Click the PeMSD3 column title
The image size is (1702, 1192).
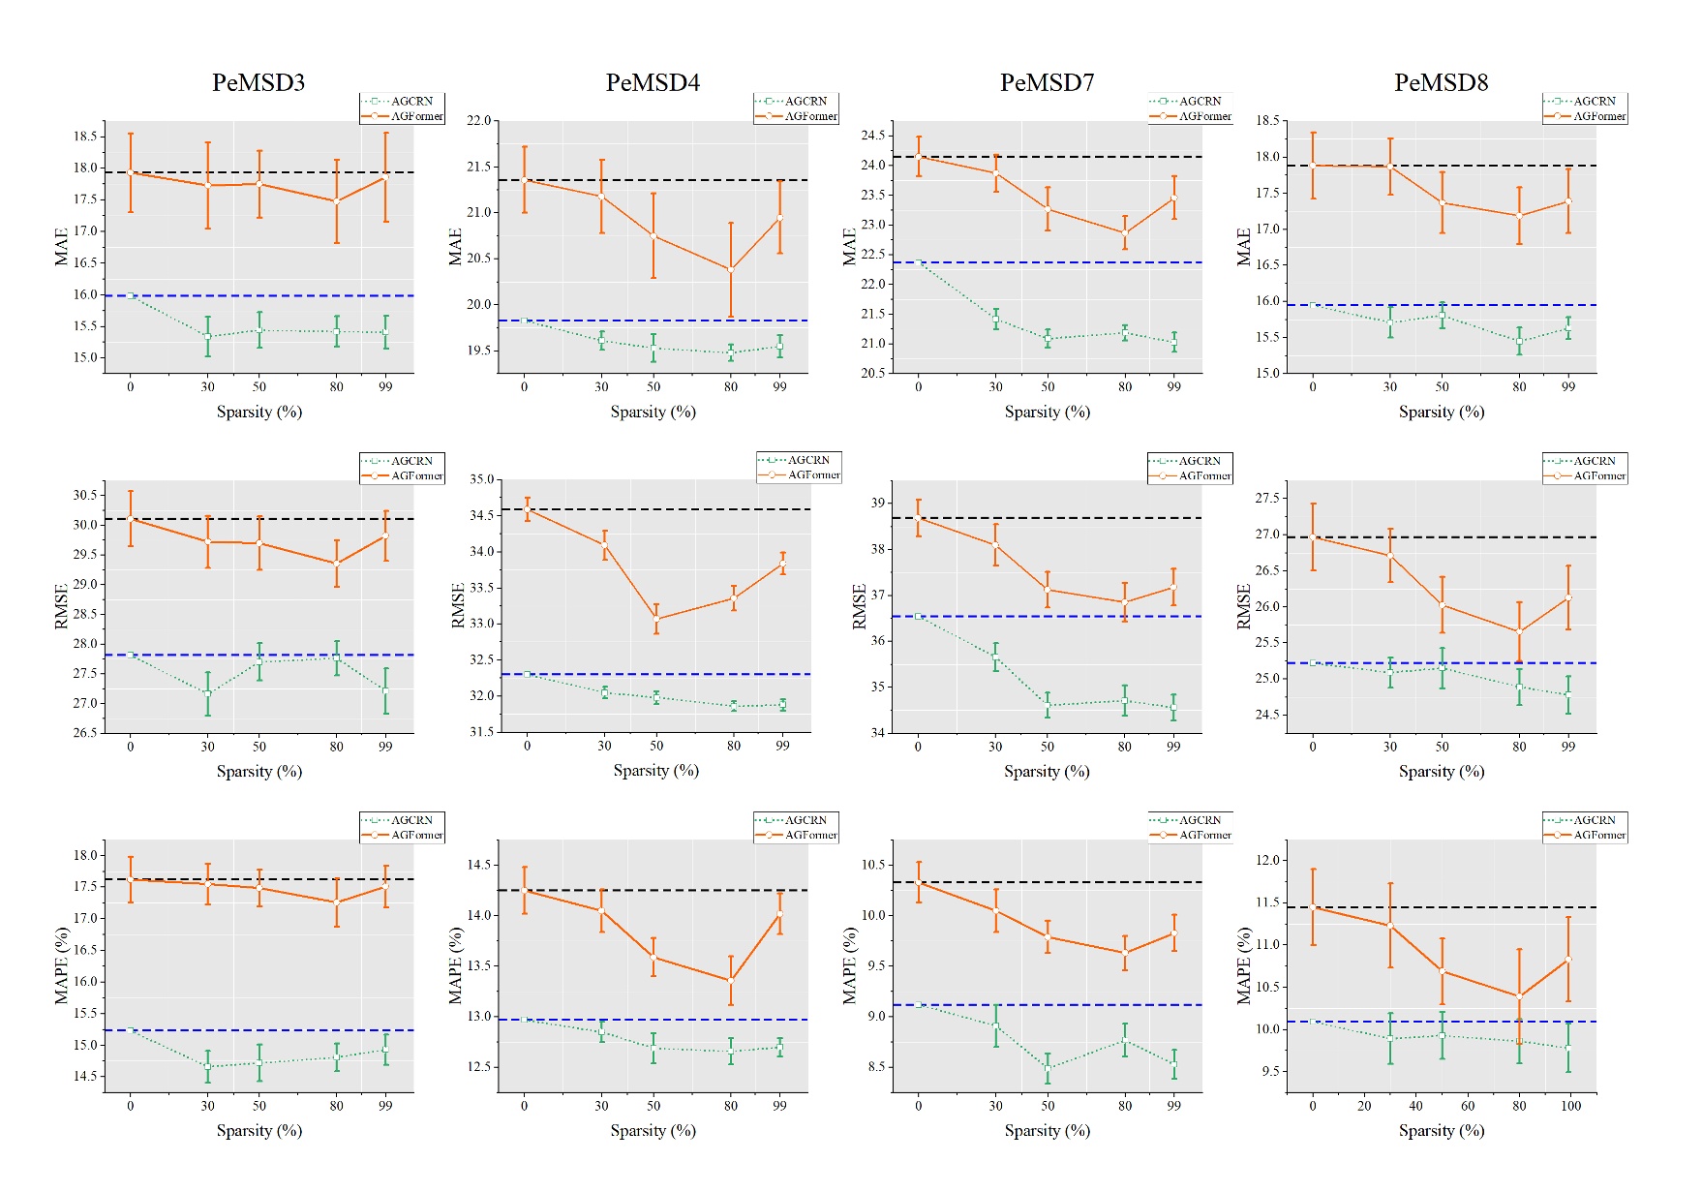tap(258, 83)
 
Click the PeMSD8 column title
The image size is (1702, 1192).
tap(1441, 83)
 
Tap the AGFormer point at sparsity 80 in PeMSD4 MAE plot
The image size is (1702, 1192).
tap(731, 270)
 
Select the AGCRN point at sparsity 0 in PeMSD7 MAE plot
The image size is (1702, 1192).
tap(919, 262)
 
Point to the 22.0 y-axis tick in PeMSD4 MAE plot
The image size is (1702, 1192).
tap(479, 121)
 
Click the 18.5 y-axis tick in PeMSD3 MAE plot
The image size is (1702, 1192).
tap(85, 137)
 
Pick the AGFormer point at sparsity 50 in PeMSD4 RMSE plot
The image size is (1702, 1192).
tap(656, 619)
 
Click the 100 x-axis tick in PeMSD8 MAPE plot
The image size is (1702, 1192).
tap(1570, 1106)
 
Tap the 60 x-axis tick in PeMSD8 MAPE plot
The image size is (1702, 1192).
tap(1468, 1106)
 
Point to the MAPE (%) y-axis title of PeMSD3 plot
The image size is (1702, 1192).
tap(62, 965)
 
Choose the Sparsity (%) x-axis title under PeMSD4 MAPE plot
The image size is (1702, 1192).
tap(653, 1130)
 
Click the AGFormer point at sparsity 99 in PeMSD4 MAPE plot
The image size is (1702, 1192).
tap(779, 914)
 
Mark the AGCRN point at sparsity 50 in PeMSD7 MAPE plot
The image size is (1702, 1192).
tap(1048, 1068)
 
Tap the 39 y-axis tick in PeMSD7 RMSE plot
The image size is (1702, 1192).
tap(878, 503)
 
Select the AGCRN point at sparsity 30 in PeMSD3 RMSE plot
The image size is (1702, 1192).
tap(207, 693)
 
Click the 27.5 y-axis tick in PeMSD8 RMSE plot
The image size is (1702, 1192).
tap(1268, 499)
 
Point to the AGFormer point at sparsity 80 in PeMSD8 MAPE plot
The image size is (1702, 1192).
tap(1519, 995)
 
